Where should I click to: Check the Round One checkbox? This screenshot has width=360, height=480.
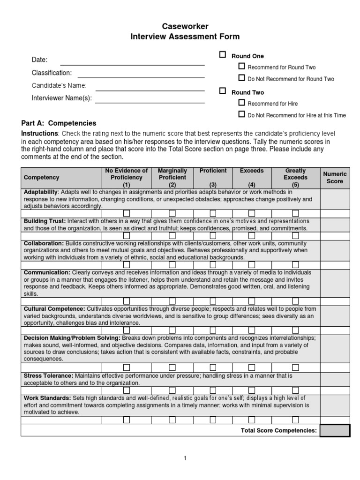click(x=223, y=55)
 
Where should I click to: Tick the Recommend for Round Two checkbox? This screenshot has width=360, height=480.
click(x=241, y=67)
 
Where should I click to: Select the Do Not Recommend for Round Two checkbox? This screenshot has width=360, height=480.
click(x=241, y=78)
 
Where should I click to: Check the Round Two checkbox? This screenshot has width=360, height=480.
click(x=223, y=91)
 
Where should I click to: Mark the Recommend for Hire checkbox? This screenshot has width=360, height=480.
click(x=241, y=103)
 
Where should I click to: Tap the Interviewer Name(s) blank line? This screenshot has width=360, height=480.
click(x=150, y=101)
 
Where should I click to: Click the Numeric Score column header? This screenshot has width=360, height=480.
click(x=335, y=178)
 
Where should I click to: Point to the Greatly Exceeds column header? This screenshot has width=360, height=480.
click(x=295, y=178)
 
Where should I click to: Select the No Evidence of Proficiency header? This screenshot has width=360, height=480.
click(x=127, y=178)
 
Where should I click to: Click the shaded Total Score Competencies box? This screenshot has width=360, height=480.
click(x=335, y=430)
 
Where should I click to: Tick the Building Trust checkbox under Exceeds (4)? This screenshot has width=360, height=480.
click(x=252, y=236)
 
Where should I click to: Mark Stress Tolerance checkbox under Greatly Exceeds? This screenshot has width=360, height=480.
click(x=295, y=390)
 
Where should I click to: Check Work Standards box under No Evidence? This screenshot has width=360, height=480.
click(x=127, y=420)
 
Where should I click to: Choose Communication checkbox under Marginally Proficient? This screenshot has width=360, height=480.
click(x=172, y=301)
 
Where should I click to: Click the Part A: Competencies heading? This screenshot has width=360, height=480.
click(x=59, y=123)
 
